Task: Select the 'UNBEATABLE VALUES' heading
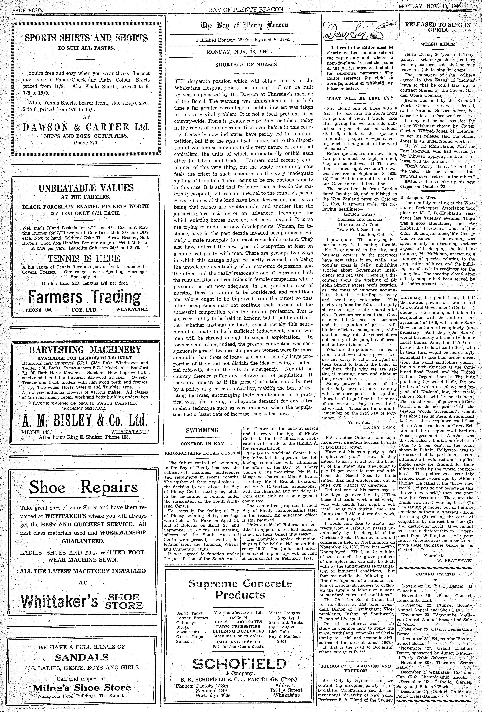86,188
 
